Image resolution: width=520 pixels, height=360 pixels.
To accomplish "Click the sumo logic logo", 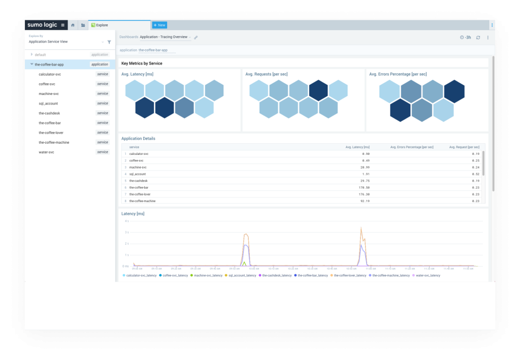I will pyautogui.click(x=43, y=25).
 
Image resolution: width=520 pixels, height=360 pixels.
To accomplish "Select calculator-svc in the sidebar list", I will pyautogui.click(x=50, y=74).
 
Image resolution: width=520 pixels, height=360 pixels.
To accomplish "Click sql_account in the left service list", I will pyautogui.click(x=48, y=104).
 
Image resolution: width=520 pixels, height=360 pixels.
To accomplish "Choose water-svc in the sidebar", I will pyautogui.click(x=46, y=152).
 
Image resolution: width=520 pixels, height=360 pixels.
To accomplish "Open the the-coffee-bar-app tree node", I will pyautogui.click(x=49, y=64).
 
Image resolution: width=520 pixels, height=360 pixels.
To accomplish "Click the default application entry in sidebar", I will pyautogui.click(x=40, y=54).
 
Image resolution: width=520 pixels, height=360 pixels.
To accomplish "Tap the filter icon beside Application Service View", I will pyautogui.click(x=109, y=42).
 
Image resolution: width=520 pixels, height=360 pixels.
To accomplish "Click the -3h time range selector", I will pyautogui.click(x=465, y=38).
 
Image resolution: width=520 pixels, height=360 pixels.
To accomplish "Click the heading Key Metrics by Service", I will pyautogui.click(x=142, y=63).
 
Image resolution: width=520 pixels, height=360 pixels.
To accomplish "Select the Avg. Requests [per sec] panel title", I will pyautogui.click(x=267, y=75).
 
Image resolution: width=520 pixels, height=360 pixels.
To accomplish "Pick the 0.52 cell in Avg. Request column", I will pyautogui.click(x=475, y=174).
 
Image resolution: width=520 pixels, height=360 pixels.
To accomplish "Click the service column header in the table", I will pyautogui.click(x=134, y=147).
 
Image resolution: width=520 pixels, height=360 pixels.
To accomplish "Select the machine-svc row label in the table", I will pyautogui.click(x=138, y=167).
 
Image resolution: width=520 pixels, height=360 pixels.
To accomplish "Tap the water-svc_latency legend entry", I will pyautogui.click(x=428, y=275).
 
